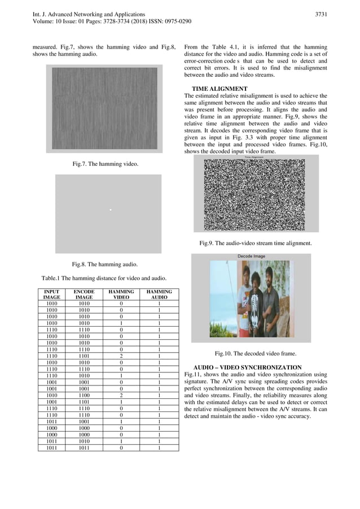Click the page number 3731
[x=321, y=14]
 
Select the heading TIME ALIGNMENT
[x=219, y=89]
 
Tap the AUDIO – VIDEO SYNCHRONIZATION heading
[x=247, y=367]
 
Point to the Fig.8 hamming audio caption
[x=104, y=264]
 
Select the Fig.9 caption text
[x=255, y=243]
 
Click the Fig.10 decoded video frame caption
[x=255, y=353]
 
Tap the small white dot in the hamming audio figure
[x=111, y=210]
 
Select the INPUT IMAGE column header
[x=52, y=294]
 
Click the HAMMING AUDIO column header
[x=159, y=294]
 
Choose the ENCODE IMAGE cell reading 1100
[x=84, y=396]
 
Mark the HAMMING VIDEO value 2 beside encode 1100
[x=121, y=396]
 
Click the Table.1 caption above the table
[x=104, y=278]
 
